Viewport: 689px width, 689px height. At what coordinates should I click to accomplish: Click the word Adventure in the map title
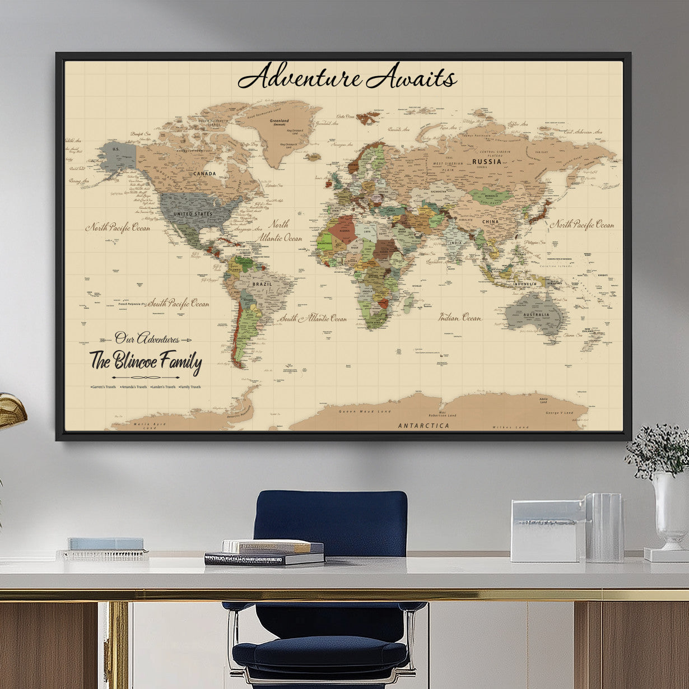(x=299, y=77)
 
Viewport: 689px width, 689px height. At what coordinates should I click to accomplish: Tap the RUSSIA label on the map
(x=486, y=162)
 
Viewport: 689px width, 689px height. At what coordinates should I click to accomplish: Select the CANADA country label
(x=204, y=174)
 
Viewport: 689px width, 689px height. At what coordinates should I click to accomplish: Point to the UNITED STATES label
(x=192, y=214)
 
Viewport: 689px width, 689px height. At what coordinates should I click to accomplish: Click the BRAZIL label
(x=262, y=284)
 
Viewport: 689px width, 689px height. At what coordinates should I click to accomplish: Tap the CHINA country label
(x=490, y=222)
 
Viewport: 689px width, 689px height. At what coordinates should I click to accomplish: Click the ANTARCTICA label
(x=423, y=426)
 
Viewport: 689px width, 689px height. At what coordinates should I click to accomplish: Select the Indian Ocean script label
(x=460, y=318)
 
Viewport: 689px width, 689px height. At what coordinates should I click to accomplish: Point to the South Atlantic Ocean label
(x=313, y=319)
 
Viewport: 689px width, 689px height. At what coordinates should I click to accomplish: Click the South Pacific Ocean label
(x=177, y=304)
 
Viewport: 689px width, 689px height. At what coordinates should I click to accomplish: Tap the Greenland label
(x=279, y=121)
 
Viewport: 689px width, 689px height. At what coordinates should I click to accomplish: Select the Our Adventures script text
(x=147, y=338)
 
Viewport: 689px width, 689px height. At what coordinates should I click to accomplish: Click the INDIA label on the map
(x=457, y=243)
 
